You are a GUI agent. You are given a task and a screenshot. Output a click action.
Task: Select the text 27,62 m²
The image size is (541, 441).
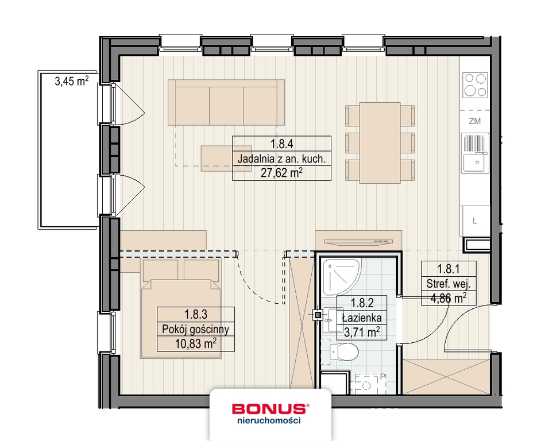coord(281,172)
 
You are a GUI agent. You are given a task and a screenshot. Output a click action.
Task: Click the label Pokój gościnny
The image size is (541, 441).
coord(196,329)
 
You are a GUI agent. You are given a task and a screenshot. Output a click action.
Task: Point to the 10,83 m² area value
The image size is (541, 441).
coord(196,343)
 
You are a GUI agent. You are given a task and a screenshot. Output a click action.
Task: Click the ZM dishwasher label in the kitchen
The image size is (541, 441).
coord(474,121)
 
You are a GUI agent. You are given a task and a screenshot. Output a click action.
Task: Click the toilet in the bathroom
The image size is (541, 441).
coord(345,351)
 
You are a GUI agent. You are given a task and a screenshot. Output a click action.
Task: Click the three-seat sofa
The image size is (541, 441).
coord(226,102)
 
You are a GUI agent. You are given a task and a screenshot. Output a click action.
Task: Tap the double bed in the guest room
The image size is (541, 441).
coord(182,308)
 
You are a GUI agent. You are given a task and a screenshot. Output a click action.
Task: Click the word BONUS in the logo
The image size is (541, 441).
coord(269,408)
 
